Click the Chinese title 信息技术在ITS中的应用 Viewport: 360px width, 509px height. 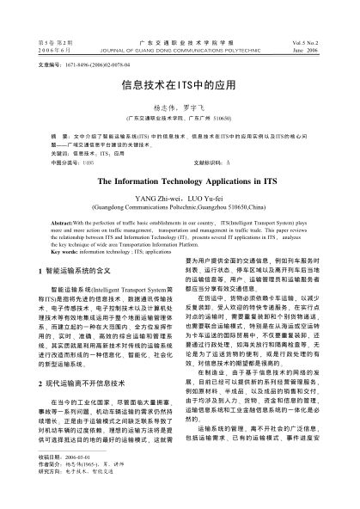tap(180, 87)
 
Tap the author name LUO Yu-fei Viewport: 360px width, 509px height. tap(208, 198)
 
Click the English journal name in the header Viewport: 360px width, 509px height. tap(180, 49)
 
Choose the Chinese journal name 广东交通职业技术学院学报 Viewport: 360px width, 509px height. tap(180, 41)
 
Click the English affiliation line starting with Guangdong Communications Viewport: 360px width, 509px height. tap(180, 207)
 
